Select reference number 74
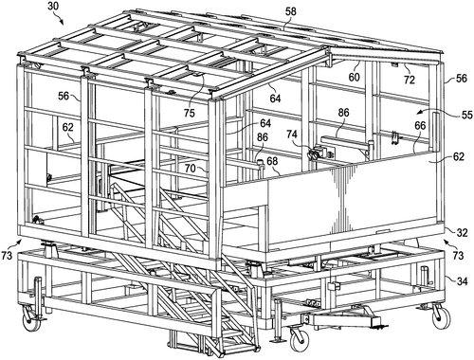tap(291, 136)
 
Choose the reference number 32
tap(460, 230)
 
